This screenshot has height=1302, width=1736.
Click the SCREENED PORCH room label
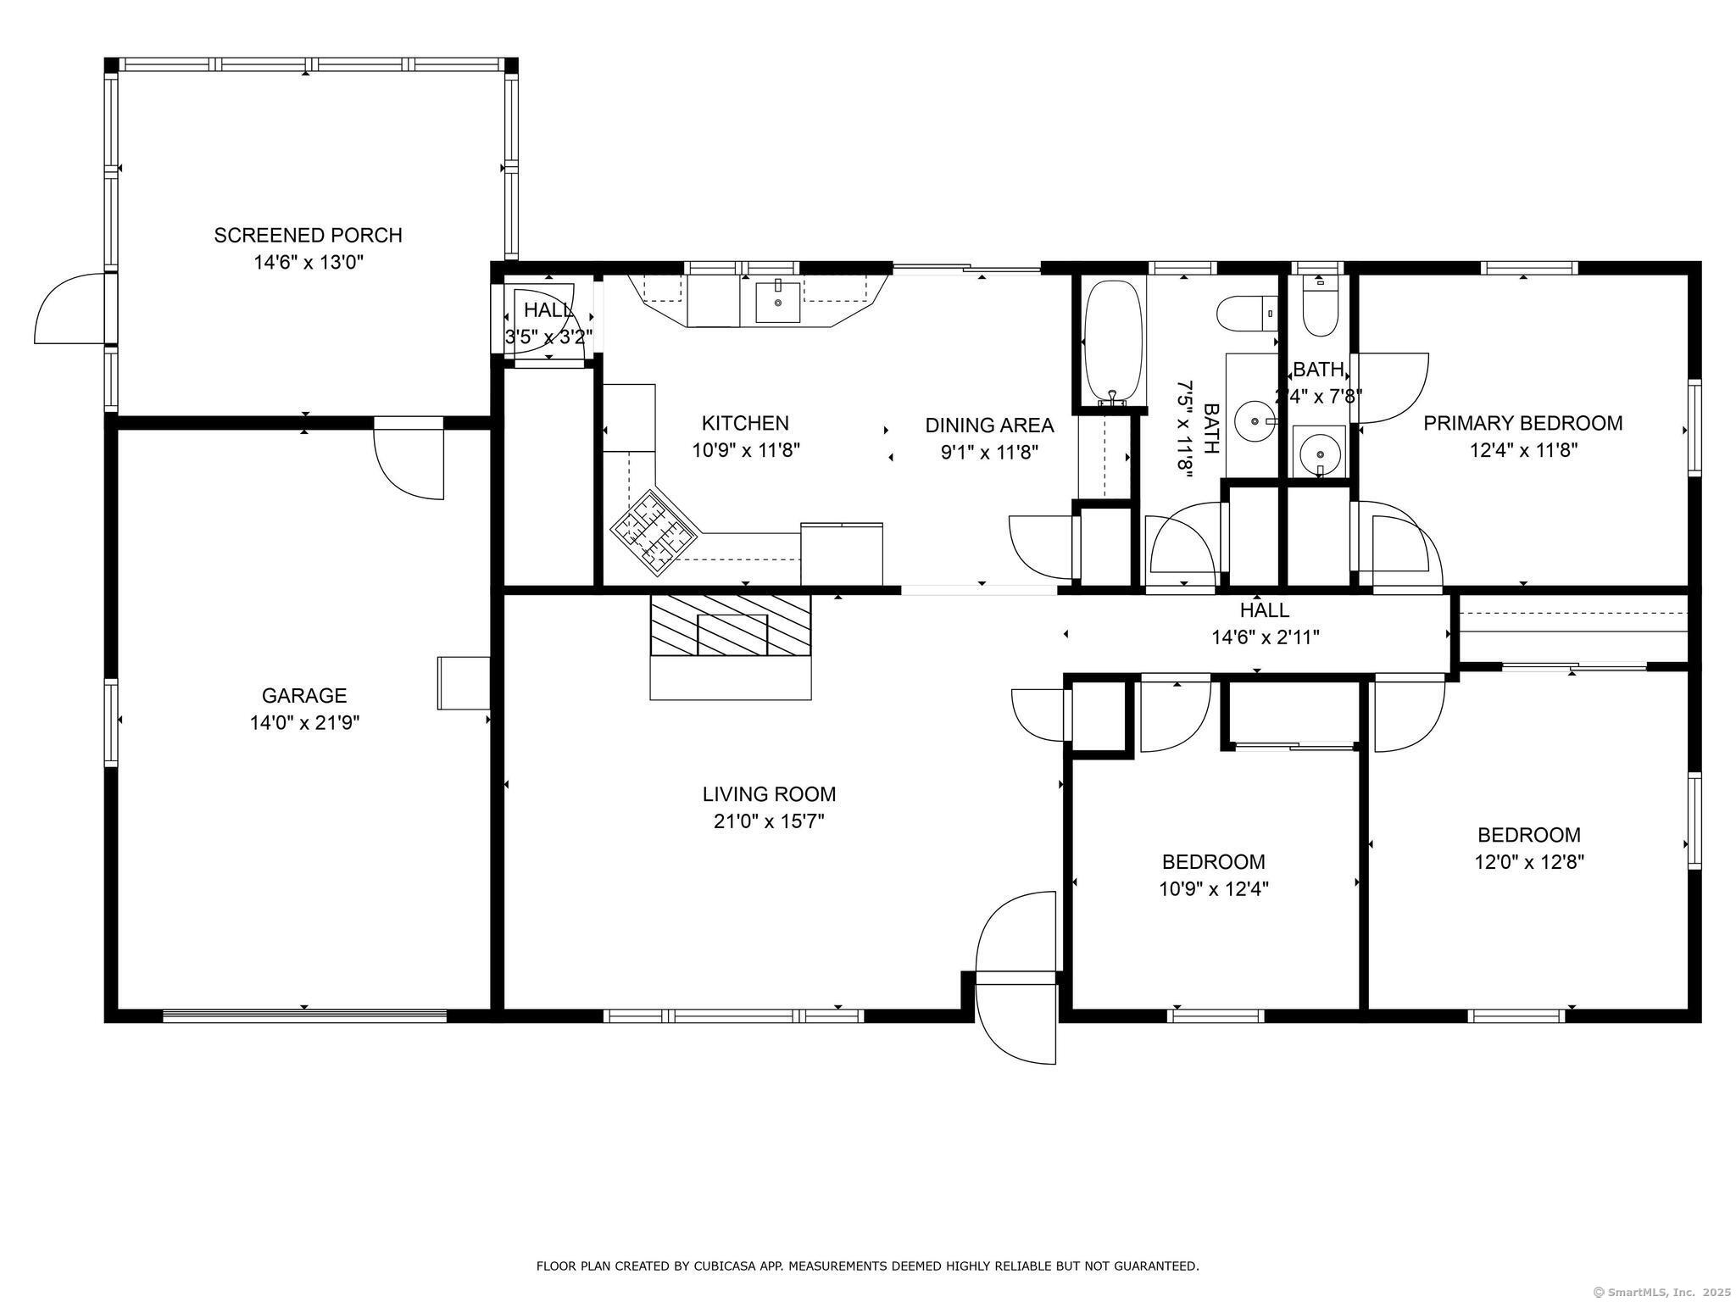pyautogui.click(x=308, y=235)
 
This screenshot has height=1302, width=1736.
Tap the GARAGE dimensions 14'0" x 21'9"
pyautogui.click(x=304, y=723)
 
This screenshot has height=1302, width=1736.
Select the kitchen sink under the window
pyautogui.click(x=777, y=303)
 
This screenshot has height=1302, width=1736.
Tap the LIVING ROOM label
pyautogui.click(x=769, y=794)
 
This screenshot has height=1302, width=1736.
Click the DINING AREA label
pyautogui.click(x=989, y=425)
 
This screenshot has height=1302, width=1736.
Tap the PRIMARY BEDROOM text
pyautogui.click(x=1522, y=423)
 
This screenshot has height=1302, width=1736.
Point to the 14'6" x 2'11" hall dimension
pyautogui.click(x=1265, y=637)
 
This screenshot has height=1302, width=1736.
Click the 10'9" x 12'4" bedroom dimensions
pyautogui.click(x=1213, y=889)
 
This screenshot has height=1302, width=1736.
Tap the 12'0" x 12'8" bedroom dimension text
pyautogui.click(x=1528, y=862)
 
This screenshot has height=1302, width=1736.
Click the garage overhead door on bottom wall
pyautogui.click(x=304, y=1015)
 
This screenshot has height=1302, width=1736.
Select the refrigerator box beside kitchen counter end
pyautogui.click(x=842, y=554)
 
